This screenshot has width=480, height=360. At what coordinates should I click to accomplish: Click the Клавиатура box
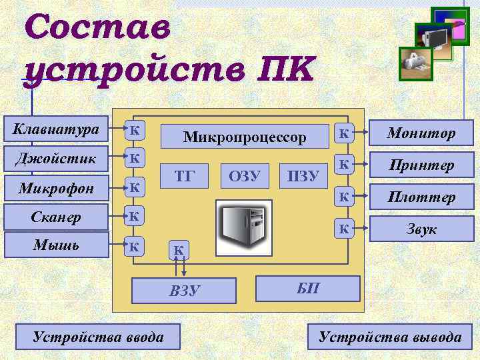pos(56,128)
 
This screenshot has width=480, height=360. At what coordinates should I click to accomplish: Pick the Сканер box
pos(56,216)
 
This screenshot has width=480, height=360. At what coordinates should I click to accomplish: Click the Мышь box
pos(56,245)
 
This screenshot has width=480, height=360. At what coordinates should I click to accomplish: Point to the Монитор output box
pos(422,133)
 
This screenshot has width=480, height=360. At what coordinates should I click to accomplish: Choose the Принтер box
pos(422,165)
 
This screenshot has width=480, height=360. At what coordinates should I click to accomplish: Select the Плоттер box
pos(422,197)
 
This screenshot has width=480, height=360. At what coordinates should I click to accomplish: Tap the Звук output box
pos(422,229)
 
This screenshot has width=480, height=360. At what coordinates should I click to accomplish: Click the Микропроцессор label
pos(245,137)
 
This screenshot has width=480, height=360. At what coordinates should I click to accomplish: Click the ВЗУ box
pos(185,290)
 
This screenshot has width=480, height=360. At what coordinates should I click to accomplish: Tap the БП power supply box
pos(308,289)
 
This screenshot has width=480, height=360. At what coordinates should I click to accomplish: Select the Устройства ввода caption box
pos(98,337)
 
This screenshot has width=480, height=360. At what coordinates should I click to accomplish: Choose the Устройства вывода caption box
pos(390,337)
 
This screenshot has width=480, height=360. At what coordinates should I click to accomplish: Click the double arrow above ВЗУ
pos(179,265)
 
